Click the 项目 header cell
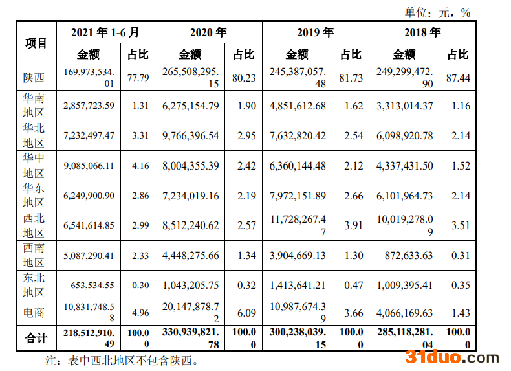pos(37,43)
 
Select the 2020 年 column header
pos(208,32)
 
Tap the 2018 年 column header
pos(422,32)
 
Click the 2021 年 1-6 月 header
pos(105,32)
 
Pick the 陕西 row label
pos(34,78)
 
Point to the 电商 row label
pos(34,312)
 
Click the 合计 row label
pos(36,339)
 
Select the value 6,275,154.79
pos(187,106)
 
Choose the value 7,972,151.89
pos(297,196)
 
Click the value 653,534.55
pos(89,285)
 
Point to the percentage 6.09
pos(243,312)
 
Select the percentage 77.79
pos(138,78)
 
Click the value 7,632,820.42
pos(297,136)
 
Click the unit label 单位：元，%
pos(437,12)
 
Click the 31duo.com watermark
pos(452,357)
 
